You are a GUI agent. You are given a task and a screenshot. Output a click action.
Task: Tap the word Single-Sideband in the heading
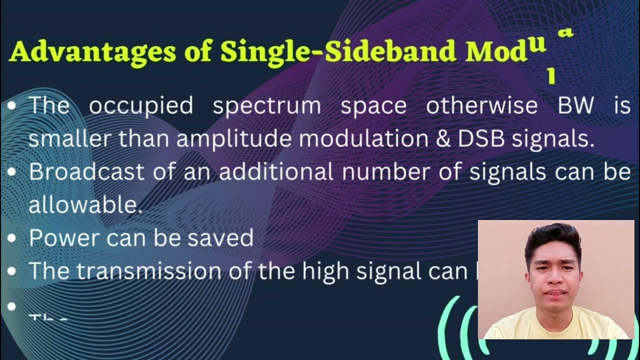coord(337,51)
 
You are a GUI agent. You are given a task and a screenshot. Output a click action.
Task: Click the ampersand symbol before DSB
coord(443,139)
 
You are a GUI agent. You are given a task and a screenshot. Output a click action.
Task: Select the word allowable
coord(85,204)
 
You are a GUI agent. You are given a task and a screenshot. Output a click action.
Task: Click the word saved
coord(220,238)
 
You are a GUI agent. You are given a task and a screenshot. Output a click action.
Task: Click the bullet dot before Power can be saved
coord(12,238)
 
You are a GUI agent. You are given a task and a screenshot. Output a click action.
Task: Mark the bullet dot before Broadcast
coord(12,172)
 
